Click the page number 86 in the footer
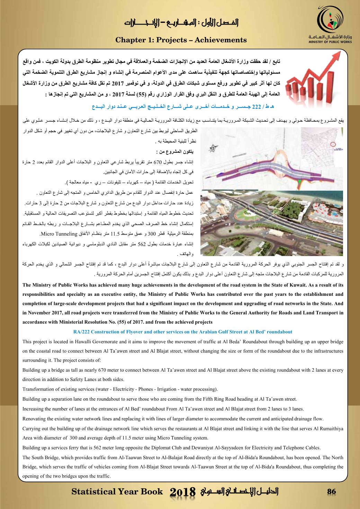(x=332, y=491)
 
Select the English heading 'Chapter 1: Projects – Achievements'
(x=181, y=40)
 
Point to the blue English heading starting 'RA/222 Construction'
(x=183, y=331)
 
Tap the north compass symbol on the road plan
(x=214, y=148)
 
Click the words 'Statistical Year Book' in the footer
(x=117, y=492)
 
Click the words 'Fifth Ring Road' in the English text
(x=239, y=399)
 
